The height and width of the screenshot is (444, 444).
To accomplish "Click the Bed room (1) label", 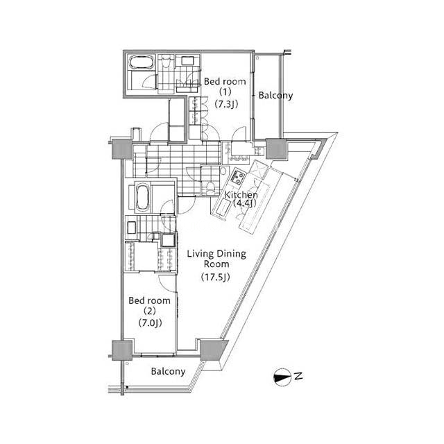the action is click(x=225, y=87).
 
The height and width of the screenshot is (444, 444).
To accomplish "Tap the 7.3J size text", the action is click(x=226, y=104).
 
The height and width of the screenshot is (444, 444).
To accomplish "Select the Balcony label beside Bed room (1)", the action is click(x=275, y=96).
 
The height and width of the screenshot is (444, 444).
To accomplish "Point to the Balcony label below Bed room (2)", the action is click(x=168, y=371).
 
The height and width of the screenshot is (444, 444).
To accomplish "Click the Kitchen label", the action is click(x=241, y=195).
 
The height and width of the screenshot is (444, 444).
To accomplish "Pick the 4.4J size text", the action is click(x=245, y=203).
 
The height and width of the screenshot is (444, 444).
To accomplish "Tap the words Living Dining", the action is click(x=216, y=254).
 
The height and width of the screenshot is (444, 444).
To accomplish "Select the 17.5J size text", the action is click(x=216, y=277).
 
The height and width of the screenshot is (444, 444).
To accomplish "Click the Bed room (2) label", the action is click(x=150, y=306).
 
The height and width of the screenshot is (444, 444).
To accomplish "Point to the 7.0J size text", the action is click(x=150, y=323).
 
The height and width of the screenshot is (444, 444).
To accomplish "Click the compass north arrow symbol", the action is click(x=282, y=377).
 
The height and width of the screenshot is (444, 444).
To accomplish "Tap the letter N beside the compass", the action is click(x=298, y=377).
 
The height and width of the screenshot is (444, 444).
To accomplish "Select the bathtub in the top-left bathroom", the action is click(x=142, y=62).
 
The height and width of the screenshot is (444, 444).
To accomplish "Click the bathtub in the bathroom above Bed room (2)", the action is click(x=142, y=197).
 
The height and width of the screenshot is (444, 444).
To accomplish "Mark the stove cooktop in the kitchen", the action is click(x=237, y=177).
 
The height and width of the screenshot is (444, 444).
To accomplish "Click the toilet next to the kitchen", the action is click(x=210, y=187).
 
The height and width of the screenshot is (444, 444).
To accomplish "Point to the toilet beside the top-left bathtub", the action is click(x=166, y=63).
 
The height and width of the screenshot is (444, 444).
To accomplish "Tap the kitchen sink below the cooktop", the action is click(x=223, y=207).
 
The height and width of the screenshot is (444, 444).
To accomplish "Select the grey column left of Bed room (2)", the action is click(x=122, y=350).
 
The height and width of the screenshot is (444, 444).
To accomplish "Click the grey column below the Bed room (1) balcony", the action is click(x=276, y=148).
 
